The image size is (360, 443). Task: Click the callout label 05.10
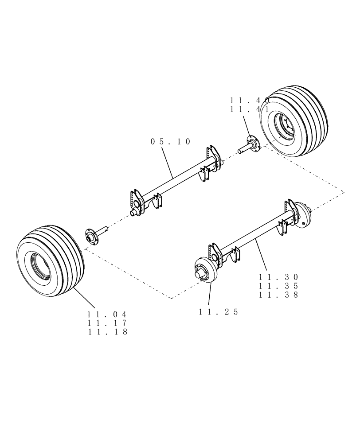tap(171, 142)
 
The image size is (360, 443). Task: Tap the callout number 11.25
tap(219, 312)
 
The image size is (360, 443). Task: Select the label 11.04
tap(108, 314)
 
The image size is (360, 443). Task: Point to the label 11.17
tap(108, 323)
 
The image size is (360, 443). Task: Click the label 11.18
tap(108, 331)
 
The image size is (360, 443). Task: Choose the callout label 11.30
tap(279, 277)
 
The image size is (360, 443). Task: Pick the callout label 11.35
tap(279, 286)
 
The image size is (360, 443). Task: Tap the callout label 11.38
tap(279, 294)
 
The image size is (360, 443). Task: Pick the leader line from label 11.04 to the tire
tap(84, 297)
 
